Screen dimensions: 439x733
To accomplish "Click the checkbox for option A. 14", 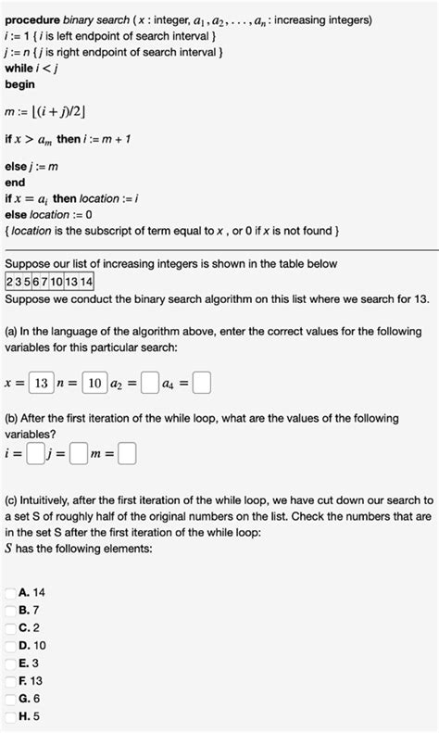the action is [10, 592].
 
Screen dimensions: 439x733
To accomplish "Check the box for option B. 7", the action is [10, 610].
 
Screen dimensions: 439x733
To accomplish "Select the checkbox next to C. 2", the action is [10, 627].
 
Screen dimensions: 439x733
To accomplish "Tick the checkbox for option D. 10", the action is [10, 645].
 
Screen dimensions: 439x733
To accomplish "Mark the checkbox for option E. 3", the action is [10, 663].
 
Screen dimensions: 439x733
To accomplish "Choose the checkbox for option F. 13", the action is [10, 680].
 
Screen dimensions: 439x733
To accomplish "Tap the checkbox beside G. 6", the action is [10, 698].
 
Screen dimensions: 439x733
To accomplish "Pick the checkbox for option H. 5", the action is [10, 715].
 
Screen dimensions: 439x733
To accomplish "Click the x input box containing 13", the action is [40, 382].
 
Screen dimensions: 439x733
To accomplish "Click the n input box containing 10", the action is [94, 382].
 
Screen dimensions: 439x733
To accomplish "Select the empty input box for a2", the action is [148, 382].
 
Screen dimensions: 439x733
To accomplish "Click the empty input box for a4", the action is [202, 382].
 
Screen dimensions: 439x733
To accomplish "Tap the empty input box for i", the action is [35, 454].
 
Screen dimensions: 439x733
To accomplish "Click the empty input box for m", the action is [127, 454].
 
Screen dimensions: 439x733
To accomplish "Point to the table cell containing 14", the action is [86, 282].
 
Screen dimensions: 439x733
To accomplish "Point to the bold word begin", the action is [19, 84].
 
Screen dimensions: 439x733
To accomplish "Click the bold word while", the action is [19, 68].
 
